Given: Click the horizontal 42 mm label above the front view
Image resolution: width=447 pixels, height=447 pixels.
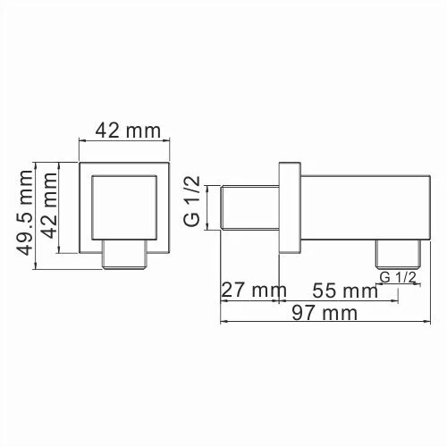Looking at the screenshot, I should pyautogui.click(x=122, y=131).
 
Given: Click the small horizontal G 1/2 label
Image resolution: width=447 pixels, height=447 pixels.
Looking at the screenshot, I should pyautogui.click(x=398, y=278).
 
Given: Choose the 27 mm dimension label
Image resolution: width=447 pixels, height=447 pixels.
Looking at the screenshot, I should pyautogui.click(x=251, y=291).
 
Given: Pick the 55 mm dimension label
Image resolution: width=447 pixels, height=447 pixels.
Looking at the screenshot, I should pyautogui.click(x=344, y=291).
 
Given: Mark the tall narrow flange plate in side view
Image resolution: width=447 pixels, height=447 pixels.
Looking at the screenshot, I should pyautogui.click(x=289, y=207).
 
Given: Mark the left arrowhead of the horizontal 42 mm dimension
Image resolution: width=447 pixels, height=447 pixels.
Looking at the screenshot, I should pyautogui.click(x=84, y=140).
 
